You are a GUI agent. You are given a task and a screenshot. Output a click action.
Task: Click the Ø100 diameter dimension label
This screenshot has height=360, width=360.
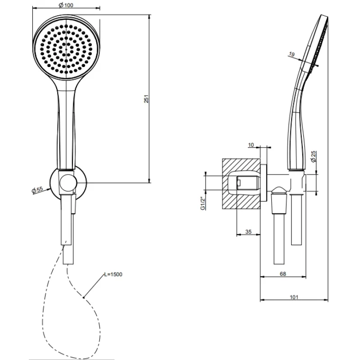(x=66, y=5)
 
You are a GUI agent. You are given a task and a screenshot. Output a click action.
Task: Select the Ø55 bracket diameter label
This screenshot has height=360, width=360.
(x=37, y=190)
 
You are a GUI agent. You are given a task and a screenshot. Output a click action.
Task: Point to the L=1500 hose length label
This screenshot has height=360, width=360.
(x=113, y=274)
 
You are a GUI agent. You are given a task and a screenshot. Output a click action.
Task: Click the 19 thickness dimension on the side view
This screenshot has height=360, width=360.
(x=292, y=54)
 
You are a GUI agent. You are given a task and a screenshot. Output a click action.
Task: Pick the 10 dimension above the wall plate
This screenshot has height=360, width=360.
(x=251, y=145)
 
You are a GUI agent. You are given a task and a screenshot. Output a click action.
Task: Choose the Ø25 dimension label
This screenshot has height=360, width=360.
(x=313, y=157)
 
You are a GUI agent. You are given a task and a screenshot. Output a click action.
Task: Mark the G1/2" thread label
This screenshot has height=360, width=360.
(x=203, y=203)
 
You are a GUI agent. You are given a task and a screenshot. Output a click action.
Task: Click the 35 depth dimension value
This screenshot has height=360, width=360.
(x=248, y=232)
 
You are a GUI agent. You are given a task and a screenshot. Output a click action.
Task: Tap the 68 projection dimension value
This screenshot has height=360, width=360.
(x=283, y=274)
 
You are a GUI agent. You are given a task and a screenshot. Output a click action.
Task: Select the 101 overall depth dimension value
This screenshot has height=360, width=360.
(x=294, y=297)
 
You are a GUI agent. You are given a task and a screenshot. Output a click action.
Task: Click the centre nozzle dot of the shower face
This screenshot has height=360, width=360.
(x=66, y=49)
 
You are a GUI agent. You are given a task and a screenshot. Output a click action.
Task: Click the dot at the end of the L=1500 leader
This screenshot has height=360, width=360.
(x=84, y=297)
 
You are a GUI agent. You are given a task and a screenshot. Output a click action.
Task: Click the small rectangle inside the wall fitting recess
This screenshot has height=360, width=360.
(x=238, y=183)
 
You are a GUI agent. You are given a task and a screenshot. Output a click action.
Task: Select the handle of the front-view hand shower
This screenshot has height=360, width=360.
(x=66, y=129)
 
